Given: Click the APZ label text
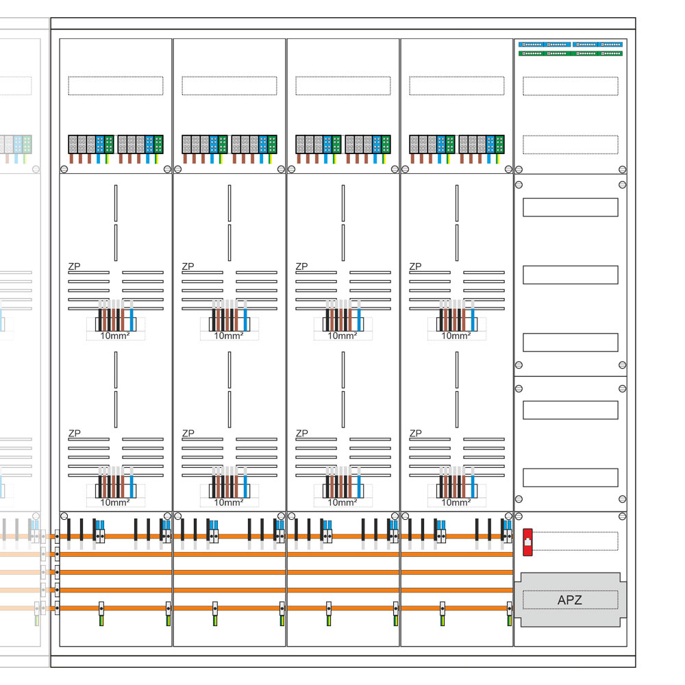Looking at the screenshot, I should (x=570, y=601).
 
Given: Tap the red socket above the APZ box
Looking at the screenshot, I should (x=527, y=539).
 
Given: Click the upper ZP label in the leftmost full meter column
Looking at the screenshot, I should (x=73, y=266).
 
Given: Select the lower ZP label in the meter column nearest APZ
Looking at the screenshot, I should (x=414, y=433).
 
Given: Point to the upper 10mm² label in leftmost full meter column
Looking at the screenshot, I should (x=115, y=336).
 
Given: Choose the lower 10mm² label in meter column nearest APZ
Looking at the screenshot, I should (x=456, y=502).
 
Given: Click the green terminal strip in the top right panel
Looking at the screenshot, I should (x=570, y=53).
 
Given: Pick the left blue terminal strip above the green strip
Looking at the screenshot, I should (x=545, y=44).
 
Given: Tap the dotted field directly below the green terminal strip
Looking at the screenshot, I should (x=570, y=86).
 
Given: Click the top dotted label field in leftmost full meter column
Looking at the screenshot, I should (x=116, y=86).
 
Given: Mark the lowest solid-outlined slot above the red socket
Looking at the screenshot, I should (x=570, y=477).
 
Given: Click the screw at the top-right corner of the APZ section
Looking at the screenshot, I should (x=622, y=516).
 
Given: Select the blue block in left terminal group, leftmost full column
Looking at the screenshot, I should (x=100, y=144).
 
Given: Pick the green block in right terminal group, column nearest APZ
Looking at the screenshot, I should (x=500, y=144).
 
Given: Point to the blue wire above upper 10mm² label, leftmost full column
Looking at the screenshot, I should (x=132, y=315).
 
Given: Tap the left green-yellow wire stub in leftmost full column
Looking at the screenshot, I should (x=101, y=619).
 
